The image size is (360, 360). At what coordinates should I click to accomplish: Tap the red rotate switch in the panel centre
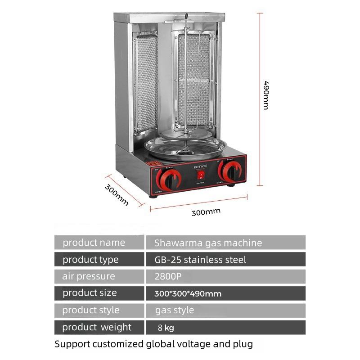[x=202, y=174]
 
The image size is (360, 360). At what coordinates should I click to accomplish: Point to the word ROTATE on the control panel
[x=201, y=166]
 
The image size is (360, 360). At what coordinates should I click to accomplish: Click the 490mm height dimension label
[x=266, y=95]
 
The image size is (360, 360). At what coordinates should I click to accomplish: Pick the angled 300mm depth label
[x=117, y=194]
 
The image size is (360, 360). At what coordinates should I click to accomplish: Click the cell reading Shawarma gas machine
[x=208, y=243]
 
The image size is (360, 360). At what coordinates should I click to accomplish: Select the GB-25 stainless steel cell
[x=200, y=260]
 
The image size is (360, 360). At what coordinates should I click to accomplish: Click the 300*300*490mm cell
[x=188, y=294]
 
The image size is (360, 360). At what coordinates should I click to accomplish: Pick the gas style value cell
[x=175, y=310]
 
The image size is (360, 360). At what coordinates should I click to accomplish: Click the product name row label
[x=94, y=243]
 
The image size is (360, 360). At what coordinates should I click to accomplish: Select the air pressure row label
[x=89, y=276]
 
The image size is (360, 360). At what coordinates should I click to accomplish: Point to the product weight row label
[x=97, y=327]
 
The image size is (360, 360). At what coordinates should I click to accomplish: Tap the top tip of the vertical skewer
[x=185, y=17]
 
